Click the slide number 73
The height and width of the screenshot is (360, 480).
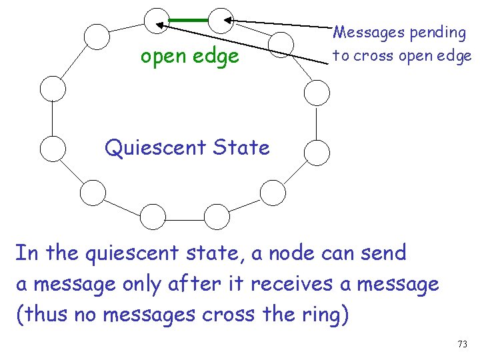pos(463,344)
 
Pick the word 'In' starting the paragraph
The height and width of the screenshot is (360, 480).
pos(26,254)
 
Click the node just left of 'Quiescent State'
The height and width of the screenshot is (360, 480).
pos(53,149)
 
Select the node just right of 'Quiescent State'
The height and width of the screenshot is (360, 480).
pos(317,152)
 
